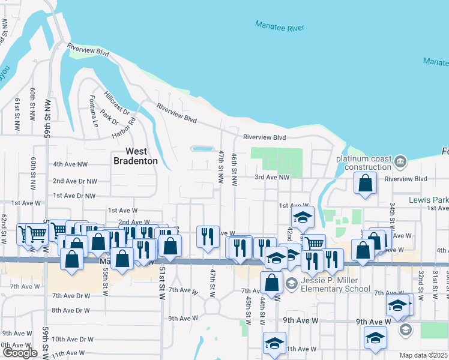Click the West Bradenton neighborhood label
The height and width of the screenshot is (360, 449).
[x=137, y=156]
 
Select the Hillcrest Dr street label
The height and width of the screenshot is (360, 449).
[x=117, y=103]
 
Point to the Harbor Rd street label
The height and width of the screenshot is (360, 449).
[x=124, y=125]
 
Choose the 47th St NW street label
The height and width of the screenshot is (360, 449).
[x=221, y=168]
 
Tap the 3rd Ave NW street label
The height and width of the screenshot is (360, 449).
[x=272, y=177]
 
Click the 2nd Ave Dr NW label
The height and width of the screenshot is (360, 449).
[x=75, y=181]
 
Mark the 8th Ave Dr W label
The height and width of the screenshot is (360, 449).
[x=70, y=310]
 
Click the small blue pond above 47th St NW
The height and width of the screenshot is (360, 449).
[x=202, y=148]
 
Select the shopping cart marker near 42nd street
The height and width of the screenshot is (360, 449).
[x=313, y=243]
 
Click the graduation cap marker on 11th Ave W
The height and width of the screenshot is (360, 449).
[x=274, y=343]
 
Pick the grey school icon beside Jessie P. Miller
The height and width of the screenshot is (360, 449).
[x=291, y=283]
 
